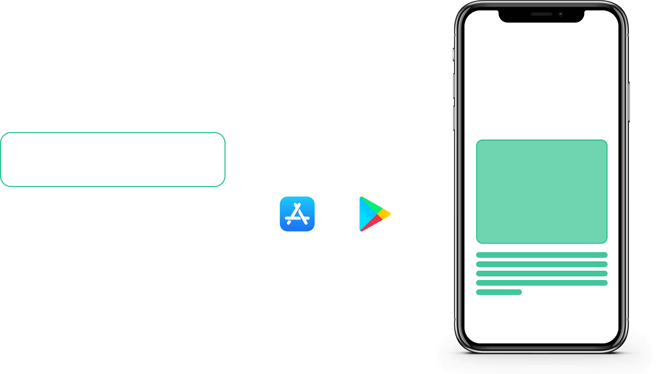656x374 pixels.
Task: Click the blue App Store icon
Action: [297, 214]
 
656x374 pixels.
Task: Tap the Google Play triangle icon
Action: [374, 214]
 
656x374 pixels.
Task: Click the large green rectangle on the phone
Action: [542, 191]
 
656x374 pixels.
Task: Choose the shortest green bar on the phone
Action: [499, 292]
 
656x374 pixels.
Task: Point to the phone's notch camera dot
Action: [560, 14]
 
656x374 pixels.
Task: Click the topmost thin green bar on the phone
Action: [542, 255]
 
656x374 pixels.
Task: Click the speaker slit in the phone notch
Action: [541, 14]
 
